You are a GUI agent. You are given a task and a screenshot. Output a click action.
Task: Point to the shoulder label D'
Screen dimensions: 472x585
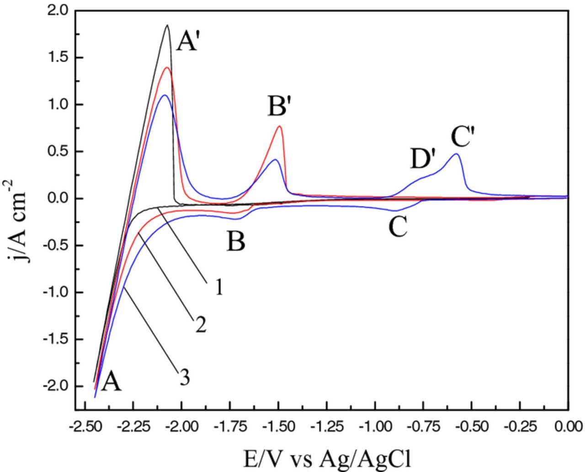tap(423, 159)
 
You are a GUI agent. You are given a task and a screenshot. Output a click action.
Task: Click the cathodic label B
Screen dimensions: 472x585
tap(236, 242)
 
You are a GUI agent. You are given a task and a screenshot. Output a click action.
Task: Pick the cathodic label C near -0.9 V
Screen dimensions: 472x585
tap(398, 227)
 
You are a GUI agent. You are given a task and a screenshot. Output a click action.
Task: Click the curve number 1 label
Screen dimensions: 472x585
tap(218, 287)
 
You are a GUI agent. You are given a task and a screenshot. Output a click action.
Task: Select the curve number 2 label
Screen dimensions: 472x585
tap(200, 325)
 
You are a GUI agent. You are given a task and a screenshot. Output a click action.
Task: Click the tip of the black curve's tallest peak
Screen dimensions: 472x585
tap(167, 25)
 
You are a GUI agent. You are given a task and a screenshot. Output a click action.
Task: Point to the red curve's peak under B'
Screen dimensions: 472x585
tap(279, 127)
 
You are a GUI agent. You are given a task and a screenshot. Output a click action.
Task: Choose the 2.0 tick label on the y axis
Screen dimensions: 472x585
tap(58, 10)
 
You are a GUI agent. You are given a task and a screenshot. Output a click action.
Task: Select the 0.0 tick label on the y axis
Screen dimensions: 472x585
tap(58, 198)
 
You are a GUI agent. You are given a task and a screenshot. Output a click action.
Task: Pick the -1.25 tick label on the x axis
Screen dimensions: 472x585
tap(326, 426)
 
